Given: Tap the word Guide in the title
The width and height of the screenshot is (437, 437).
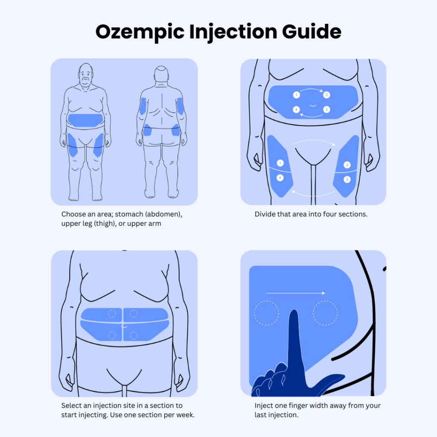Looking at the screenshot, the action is click(x=312, y=31).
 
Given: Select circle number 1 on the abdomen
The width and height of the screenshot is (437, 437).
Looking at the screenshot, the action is click(x=297, y=95).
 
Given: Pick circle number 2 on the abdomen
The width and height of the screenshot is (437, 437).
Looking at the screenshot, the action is click(x=326, y=95).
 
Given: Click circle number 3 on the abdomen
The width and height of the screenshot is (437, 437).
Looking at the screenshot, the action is click(x=326, y=110).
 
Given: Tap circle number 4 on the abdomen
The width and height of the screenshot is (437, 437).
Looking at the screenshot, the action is click(x=297, y=110).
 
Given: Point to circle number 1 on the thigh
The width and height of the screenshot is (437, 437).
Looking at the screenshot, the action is click(x=280, y=163).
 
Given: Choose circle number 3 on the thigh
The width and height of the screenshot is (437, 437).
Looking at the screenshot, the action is click(x=347, y=180).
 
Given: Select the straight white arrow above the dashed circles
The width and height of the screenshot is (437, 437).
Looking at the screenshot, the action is click(x=296, y=293).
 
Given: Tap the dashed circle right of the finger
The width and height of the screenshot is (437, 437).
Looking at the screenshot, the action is click(x=325, y=313).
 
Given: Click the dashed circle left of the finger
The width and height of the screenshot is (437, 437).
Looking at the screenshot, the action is click(x=266, y=313).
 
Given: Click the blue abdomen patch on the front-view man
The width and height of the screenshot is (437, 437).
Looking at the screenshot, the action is click(x=85, y=120).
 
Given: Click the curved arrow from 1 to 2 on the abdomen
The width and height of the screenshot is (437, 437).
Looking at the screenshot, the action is click(x=312, y=89).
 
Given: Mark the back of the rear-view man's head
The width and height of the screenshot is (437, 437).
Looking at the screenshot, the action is click(x=161, y=73).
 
